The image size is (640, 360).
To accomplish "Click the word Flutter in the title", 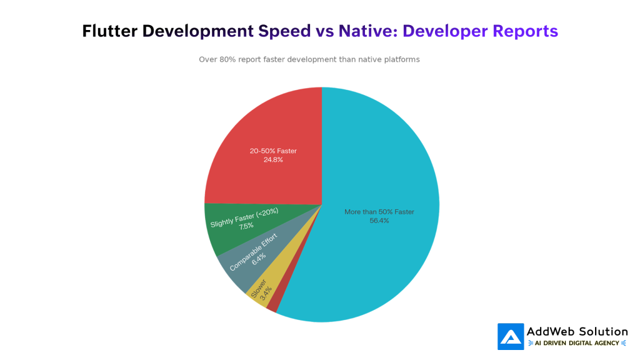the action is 110,31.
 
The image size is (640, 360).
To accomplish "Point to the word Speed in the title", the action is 284,32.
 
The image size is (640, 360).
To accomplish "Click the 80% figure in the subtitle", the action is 227,59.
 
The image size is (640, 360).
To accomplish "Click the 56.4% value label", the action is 379,221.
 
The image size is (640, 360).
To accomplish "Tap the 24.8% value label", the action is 273,159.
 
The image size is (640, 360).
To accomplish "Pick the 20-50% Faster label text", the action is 273,151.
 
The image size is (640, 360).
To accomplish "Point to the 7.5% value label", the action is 246,226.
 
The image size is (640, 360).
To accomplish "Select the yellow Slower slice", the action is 269,286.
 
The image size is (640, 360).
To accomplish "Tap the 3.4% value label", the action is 266,294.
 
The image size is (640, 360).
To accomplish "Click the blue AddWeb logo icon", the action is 511,337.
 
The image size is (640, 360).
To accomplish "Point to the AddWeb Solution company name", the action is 577,331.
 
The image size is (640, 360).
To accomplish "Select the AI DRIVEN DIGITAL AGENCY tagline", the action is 577,343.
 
